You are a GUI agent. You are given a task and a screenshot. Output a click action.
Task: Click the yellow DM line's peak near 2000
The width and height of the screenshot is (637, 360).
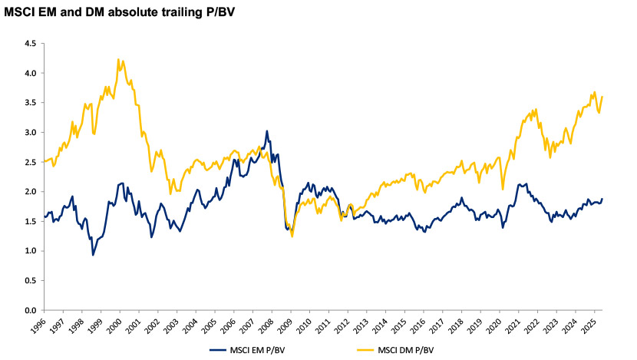click(x=118, y=58)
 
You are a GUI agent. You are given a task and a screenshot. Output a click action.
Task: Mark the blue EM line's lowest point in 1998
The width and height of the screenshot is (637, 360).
click(x=93, y=255)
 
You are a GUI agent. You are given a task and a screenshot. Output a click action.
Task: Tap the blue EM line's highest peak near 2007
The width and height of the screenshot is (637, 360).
click(x=266, y=130)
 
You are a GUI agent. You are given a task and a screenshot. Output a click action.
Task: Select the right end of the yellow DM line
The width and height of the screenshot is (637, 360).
click(x=602, y=97)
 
